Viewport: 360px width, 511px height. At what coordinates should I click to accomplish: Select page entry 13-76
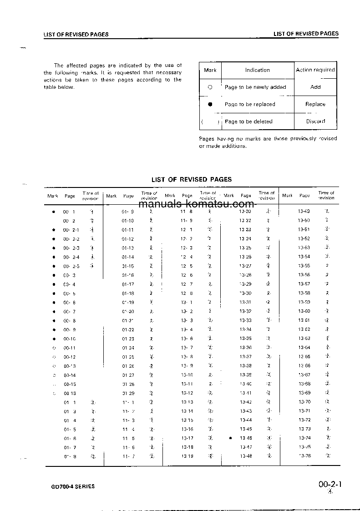point(304,456)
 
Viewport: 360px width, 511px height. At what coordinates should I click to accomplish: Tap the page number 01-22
point(128,329)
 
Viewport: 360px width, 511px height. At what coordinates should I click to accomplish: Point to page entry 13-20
point(245,212)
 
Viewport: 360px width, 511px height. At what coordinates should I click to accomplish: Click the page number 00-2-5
point(71,266)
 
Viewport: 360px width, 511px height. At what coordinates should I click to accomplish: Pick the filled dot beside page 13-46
point(231,438)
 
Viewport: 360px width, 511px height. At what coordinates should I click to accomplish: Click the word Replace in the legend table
point(315,104)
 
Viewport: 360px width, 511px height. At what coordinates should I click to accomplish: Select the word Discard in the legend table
point(315,121)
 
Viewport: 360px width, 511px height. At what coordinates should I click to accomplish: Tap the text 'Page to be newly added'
point(255,87)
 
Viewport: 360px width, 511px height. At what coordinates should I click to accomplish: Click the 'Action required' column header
point(315,70)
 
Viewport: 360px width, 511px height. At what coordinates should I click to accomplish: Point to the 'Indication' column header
point(258,70)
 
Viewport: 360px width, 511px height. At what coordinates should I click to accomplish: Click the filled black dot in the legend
point(210,104)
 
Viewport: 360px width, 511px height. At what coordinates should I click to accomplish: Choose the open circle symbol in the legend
point(210,87)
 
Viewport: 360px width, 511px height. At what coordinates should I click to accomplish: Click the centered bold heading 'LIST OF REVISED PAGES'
point(192,179)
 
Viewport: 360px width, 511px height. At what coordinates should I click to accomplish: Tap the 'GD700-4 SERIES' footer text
point(73,486)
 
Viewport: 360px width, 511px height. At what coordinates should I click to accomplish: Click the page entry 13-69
point(304,393)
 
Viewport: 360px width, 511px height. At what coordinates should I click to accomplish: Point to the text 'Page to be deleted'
point(248,121)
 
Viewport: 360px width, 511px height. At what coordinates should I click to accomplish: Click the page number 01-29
point(128,393)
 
